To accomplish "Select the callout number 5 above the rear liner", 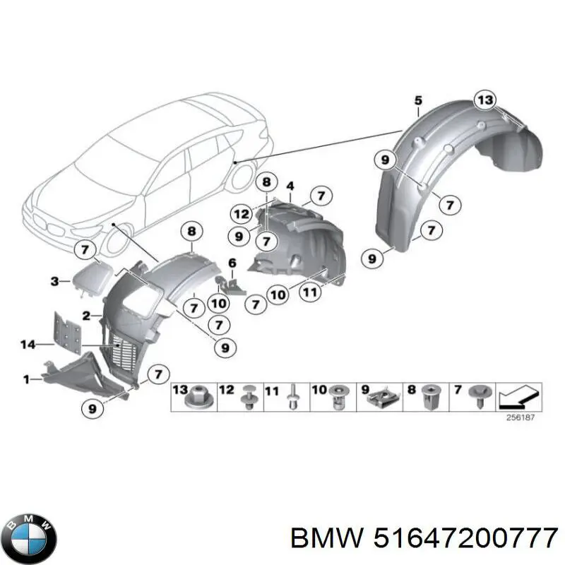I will [417, 100].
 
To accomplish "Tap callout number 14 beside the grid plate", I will [27, 344].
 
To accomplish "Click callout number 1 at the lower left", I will [27, 379].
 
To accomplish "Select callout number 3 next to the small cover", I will [54, 281].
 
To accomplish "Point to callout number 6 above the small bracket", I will [231, 263].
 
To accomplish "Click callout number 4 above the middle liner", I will [290, 186].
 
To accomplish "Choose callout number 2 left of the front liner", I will [85, 315].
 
